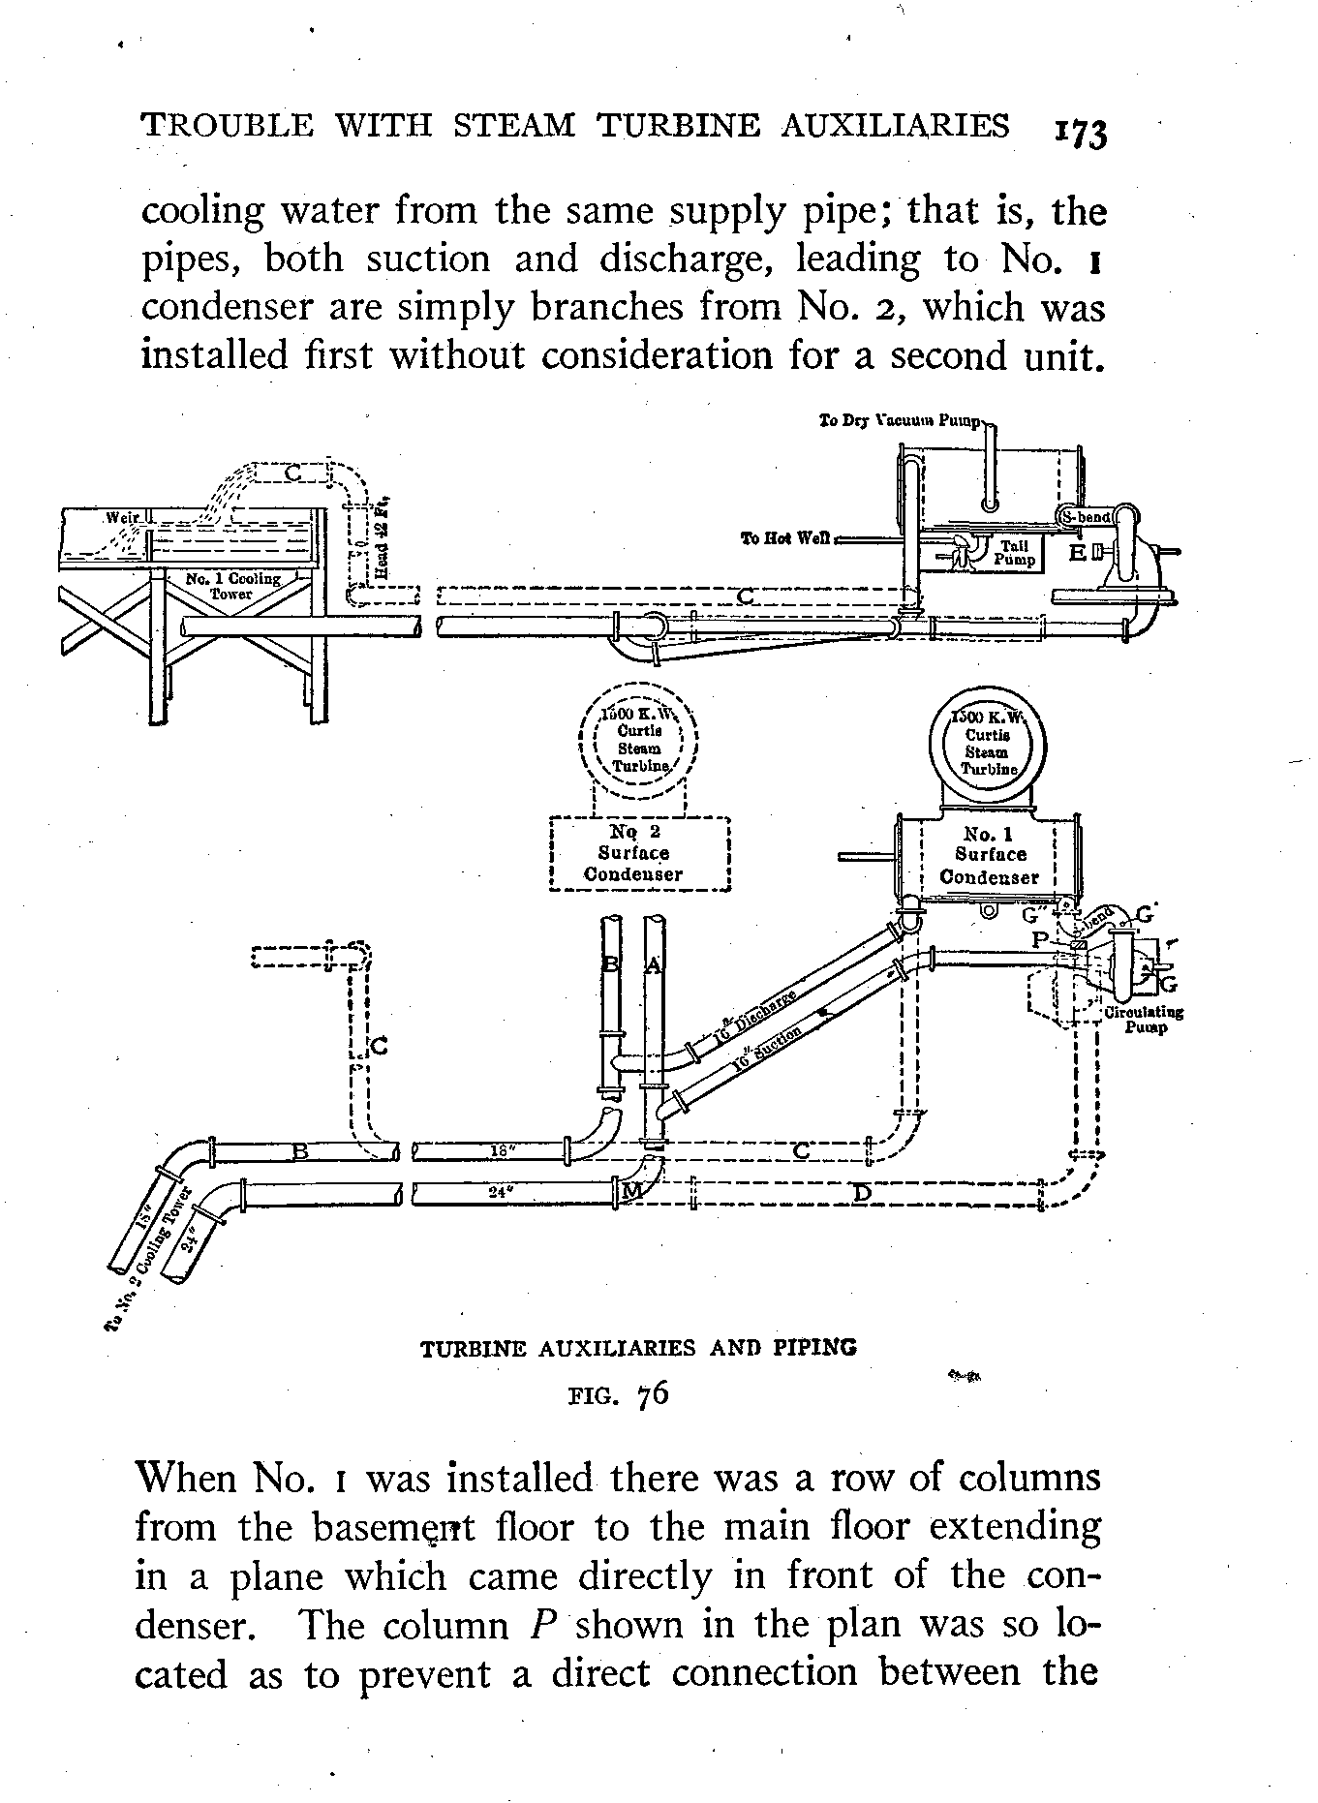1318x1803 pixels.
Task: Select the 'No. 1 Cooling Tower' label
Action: pyautogui.click(x=232, y=586)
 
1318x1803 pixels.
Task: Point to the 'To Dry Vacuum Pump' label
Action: pyautogui.click(x=900, y=422)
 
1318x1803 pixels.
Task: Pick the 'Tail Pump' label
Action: pyautogui.click(x=1014, y=553)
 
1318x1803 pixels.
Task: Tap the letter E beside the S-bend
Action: pyautogui.click(x=1077, y=553)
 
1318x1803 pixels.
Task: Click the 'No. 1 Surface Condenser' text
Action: pyautogui.click(x=989, y=855)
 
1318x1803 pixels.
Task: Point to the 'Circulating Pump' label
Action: pyautogui.click(x=1144, y=1019)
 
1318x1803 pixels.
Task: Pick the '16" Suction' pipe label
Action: pyautogui.click(x=767, y=1049)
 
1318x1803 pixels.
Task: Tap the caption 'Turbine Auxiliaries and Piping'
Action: pyautogui.click(x=638, y=1348)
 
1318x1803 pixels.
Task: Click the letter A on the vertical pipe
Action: pyautogui.click(x=654, y=965)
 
